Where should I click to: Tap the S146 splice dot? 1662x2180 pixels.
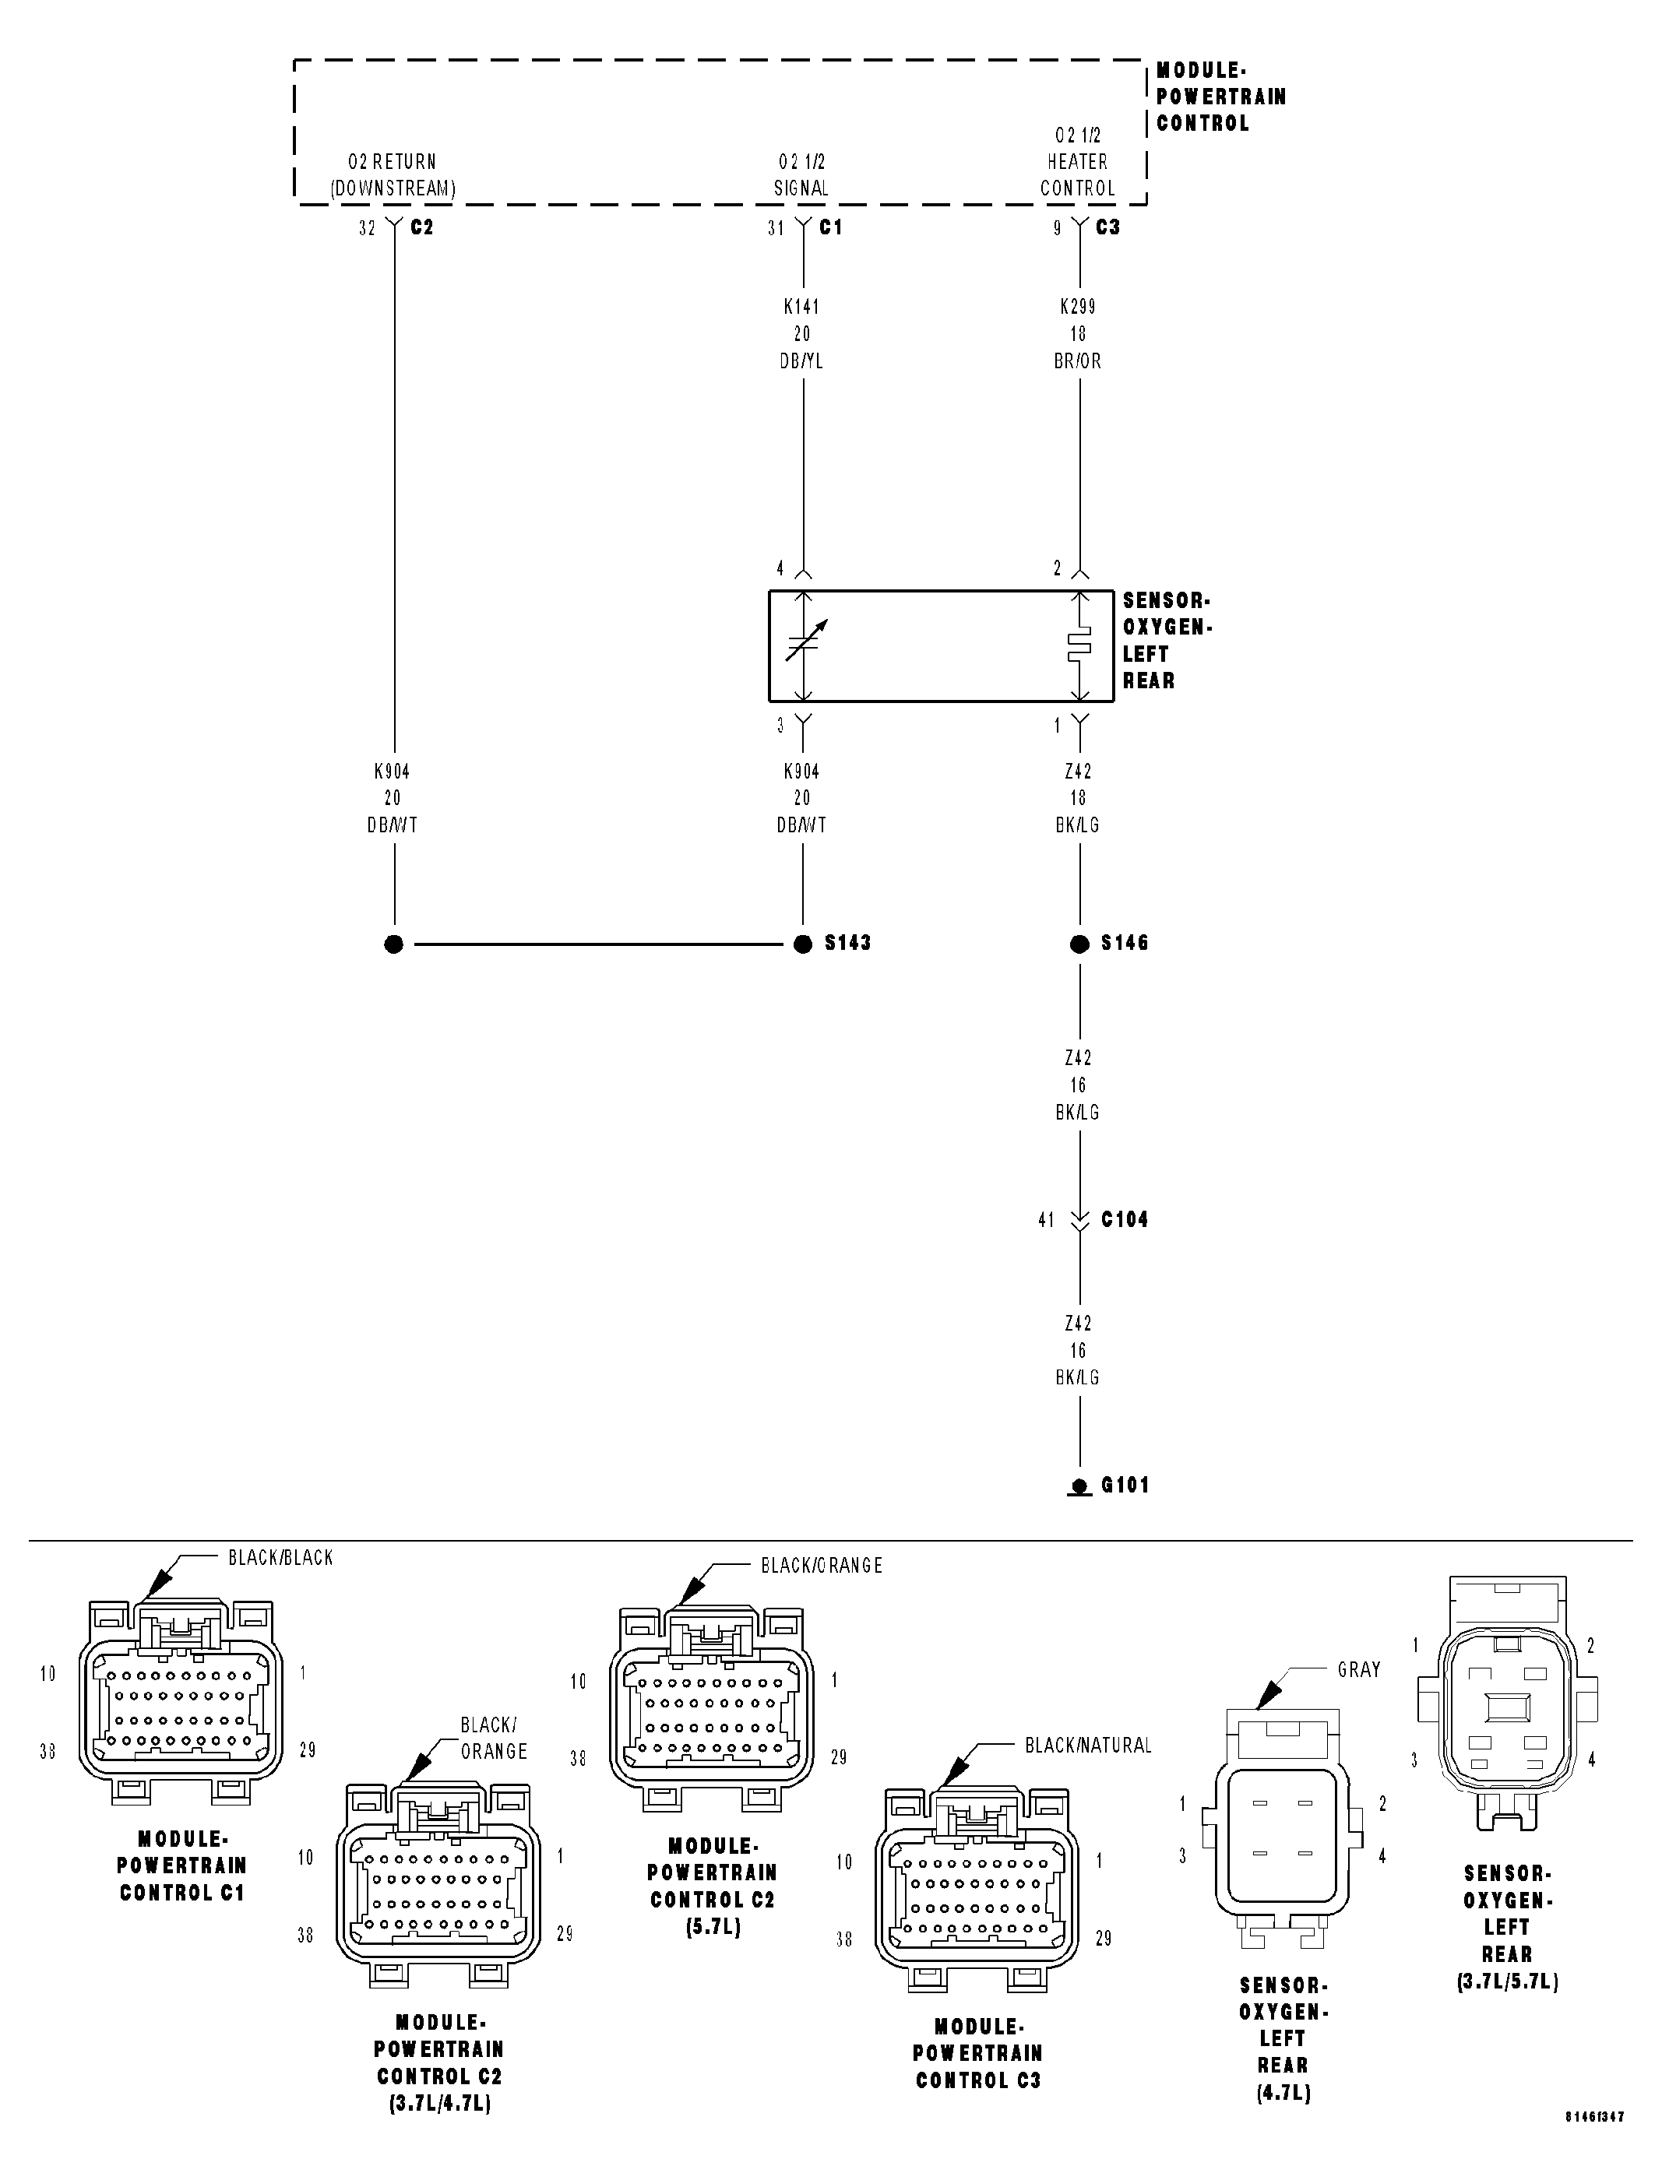pos(1079,944)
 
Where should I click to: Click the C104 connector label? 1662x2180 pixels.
pos(1125,1219)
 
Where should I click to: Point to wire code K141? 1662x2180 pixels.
pos(801,307)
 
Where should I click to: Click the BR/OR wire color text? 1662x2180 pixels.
pos(1077,361)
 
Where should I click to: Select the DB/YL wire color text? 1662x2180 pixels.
pos(801,361)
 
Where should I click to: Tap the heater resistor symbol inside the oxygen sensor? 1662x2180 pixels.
pos(1079,645)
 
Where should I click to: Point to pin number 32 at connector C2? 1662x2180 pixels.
pos(367,228)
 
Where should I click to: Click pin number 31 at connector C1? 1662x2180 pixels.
pos(776,228)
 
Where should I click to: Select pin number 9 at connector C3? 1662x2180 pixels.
pos(1057,228)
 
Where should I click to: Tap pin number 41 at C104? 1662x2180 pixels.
pos(1046,1221)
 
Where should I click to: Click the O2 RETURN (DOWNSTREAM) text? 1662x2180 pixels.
pos(392,175)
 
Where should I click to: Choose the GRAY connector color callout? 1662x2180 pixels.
pos(1358,1669)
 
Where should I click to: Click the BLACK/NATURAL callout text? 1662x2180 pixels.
pos(1088,1746)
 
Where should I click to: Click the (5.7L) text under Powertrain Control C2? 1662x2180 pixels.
pos(713,1927)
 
